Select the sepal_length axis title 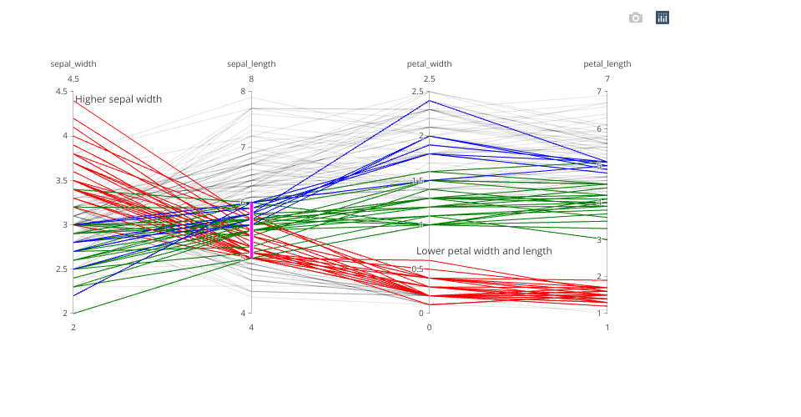click(x=251, y=63)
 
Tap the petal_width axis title click(x=429, y=63)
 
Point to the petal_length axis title click(x=607, y=63)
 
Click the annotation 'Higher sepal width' click(x=118, y=99)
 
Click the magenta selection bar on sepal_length click(x=251, y=229)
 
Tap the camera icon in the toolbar click(x=636, y=18)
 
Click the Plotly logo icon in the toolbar click(x=662, y=18)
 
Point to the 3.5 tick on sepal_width click(x=62, y=180)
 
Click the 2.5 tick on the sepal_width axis click(x=62, y=269)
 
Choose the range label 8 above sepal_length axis click(x=251, y=79)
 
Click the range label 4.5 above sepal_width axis click(x=73, y=79)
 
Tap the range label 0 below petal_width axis click(x=429, y=327)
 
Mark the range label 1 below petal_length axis click(x=607, y=327)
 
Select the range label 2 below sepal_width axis click(x=73, y=327)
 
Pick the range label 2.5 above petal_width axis click(x=429, y=79)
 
